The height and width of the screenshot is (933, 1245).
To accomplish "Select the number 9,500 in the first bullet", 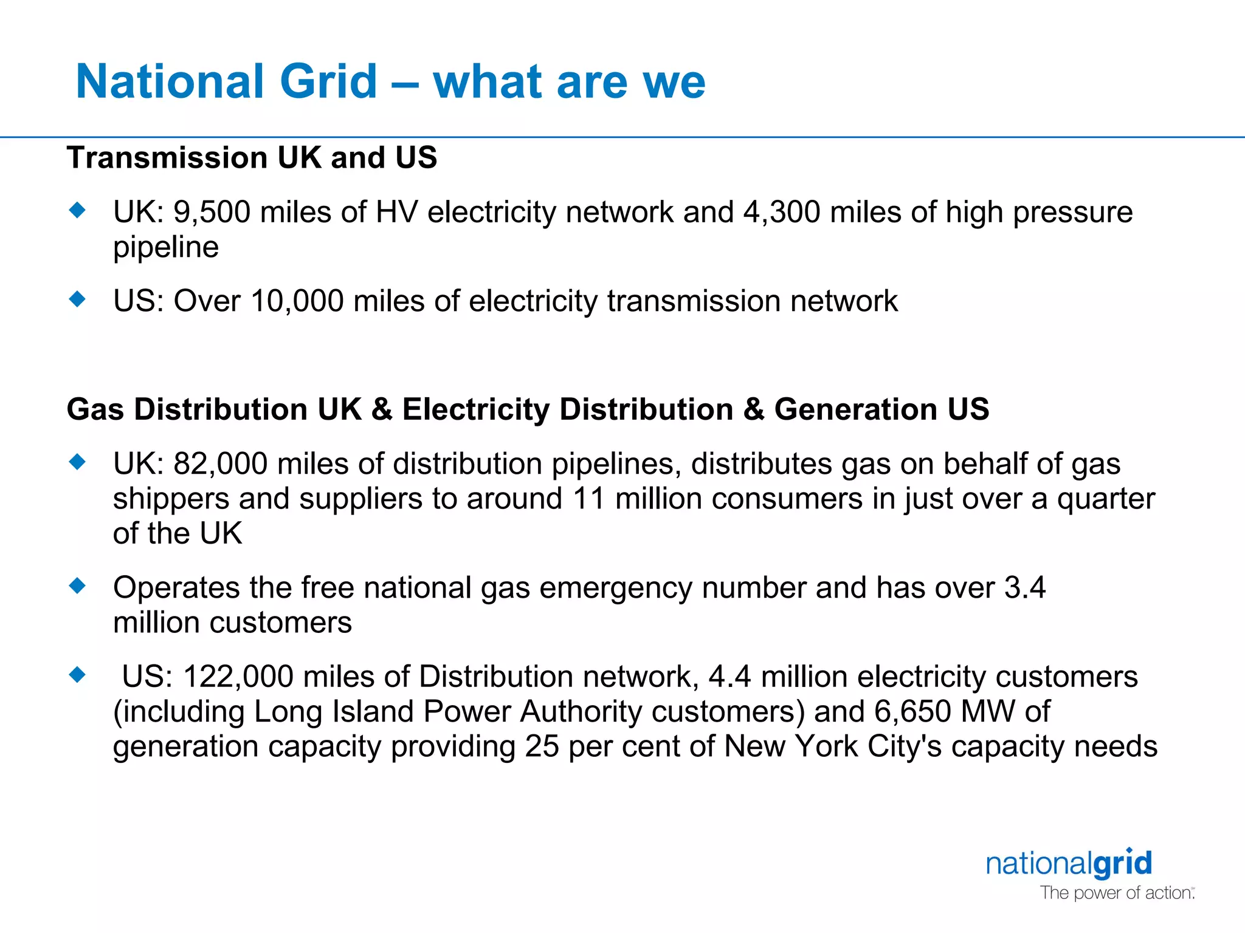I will (x=212, y=213).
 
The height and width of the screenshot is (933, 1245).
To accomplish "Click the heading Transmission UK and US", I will (x=252, y=158).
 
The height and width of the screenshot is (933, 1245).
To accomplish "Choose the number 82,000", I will (x=220, y=464).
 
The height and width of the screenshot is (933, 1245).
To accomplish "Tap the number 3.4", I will (x=1024, y=588).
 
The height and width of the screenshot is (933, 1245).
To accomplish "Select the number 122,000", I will (x=238, y=677).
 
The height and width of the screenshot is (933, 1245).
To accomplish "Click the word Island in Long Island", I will (x=373, y=712).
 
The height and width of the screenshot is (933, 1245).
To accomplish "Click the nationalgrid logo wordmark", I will (x=1069, y=864).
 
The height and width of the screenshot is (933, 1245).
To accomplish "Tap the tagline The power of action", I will (x=1116, y=893).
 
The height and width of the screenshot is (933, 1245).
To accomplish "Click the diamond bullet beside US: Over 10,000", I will (x=77, y=299).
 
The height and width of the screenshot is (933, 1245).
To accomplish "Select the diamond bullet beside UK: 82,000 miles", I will (x=77, y=462).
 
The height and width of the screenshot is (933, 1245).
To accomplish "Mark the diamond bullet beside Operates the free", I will (x=77, y=586).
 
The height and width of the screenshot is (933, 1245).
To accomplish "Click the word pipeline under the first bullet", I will (x=166, y=248).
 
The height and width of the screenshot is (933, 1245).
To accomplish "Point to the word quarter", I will (x=1106, y=499).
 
